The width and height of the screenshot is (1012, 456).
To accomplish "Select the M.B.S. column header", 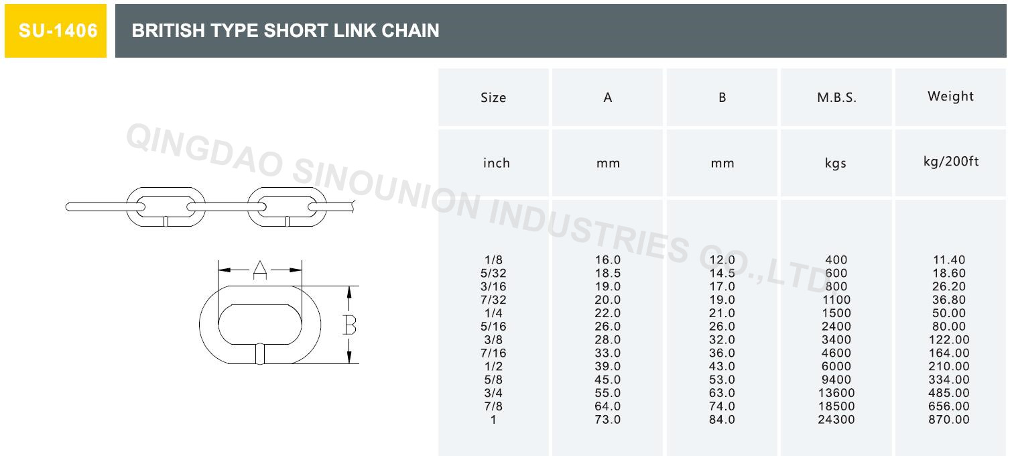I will [x=836, y=97].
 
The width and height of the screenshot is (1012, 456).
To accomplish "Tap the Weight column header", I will [x=950, y=96].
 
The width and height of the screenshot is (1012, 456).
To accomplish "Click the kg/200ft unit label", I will [x=950, y=162].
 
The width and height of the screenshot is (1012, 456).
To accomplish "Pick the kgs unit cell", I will [x=836, y=163].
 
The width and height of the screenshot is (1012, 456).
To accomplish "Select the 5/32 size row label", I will [x=494, y=273].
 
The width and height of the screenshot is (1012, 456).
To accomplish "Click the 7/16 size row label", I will [x=494, y=353].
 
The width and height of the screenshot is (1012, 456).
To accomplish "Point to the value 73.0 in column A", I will [x=608, y=420].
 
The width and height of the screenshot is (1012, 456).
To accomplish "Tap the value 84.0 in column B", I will [x=722, y=420].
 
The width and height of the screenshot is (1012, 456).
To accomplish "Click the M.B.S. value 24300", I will [x=836, y=420].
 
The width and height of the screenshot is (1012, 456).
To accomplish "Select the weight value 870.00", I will [x=950, y=420].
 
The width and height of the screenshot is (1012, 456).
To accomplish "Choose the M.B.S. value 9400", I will [x=836, y=380].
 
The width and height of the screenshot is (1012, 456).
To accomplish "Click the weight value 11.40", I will [x=950, y=260].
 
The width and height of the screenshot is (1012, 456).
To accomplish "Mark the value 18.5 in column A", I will [x=608, y=273].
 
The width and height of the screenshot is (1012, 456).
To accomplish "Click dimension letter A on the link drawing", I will [x=260, y=270].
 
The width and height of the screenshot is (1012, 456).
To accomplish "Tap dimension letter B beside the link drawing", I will [x=349, y=325].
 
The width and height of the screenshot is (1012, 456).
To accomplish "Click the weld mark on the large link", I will [x=260, y=353].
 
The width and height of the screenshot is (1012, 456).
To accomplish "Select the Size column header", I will [x=493, y=97].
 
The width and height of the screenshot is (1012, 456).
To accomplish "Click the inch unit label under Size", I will [x=496, y=163].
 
